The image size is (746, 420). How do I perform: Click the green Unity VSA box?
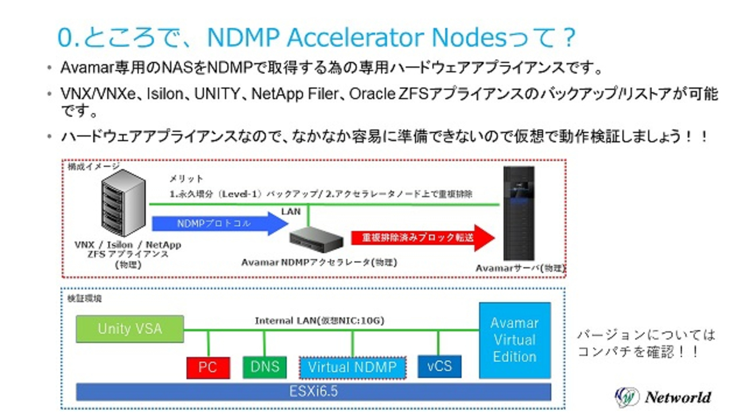pos(130,329)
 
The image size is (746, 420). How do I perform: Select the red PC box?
pos(208,367)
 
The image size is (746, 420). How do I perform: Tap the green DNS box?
pos(265,367)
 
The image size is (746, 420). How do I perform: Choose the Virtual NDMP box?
pos(352,367)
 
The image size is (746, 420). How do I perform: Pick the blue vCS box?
pos(439,366)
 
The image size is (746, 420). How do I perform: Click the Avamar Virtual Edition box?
pos(514,340)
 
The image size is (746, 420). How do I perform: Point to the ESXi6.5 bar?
pos(313,392)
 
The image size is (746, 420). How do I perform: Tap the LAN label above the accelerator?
pos(291,211)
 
